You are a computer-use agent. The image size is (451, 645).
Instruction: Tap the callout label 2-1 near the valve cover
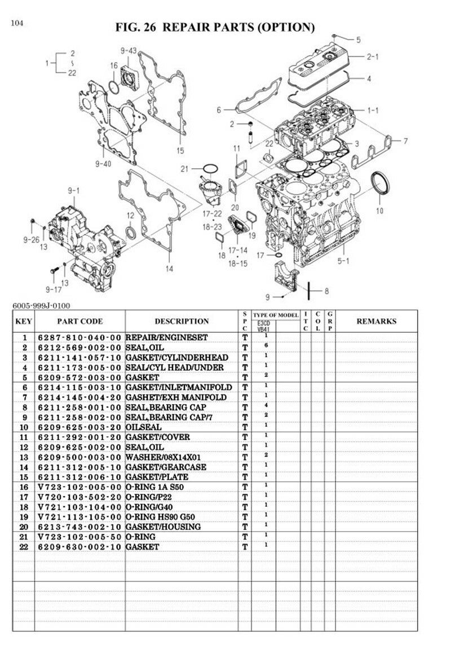pos(373,56)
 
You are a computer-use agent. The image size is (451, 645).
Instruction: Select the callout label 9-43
pos(129,51)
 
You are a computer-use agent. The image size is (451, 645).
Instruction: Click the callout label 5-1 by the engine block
pos(343,261)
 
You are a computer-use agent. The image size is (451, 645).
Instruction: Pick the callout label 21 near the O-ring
pos(184,169)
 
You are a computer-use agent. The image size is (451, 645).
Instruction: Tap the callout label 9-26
pos(31,239)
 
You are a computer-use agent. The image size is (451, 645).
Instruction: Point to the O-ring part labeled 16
pos(113,86)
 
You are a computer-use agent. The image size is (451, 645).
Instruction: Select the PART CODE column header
pos(80,321)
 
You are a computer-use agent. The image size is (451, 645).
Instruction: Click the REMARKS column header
pos(376,321)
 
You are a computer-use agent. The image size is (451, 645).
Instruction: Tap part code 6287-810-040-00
pos(79,337)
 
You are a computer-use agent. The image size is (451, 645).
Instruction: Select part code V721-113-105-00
pos(79,517)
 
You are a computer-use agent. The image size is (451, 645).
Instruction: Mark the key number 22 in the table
pos(25,547)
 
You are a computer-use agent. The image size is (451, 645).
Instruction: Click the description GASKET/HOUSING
pos(163,526)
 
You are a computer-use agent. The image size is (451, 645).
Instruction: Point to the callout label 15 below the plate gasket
pos(180,150)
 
